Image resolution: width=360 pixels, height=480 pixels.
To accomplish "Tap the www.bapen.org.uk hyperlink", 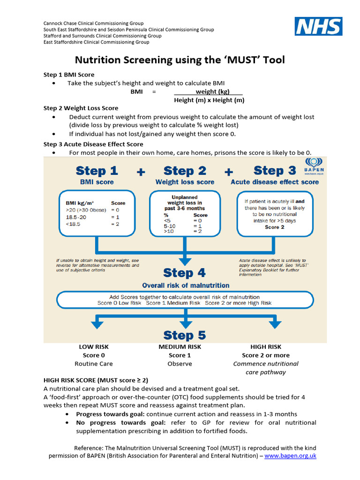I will pyautogui.click(x=291, y=455).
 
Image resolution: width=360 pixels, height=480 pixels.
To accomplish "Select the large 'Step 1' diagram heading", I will pyautogui.click(x=97, y=171).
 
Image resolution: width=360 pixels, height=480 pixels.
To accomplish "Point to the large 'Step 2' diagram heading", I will pyautogui.click(x=185, y=171).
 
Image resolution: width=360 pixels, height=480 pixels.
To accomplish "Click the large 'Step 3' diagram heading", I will pyautogui.click(x=275, y=171).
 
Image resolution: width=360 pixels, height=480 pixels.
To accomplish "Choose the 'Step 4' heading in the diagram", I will pyautogui.click(x=185, y=273).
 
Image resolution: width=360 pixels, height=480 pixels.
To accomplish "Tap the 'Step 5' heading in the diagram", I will pyautogui.click(x=185, y=335).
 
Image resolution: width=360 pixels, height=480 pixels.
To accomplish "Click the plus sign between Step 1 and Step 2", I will pyautogui.click(x=141, y=172).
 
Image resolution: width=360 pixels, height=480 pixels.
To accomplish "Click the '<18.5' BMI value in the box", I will pyautogui.click(x=74, y=225).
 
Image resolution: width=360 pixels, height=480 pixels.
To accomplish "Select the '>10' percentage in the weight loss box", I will pyautogui.click(x=168, y=231).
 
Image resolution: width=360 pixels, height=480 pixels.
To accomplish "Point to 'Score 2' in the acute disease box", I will pyautogui.click(x=274, y=227).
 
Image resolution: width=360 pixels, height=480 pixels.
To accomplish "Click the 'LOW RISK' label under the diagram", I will pyautogui.click(x=94, y=347).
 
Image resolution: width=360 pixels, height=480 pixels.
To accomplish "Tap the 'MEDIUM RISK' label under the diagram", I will pyautogui.click(x=180, y=347).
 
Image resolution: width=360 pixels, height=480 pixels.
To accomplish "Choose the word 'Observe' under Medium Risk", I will pyautogui.click(x=180, y=364).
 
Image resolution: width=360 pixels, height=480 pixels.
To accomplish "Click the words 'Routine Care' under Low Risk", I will pyautogui.click(x=94, y=364).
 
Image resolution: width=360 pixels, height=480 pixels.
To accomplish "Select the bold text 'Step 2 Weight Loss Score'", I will pyautogui.click(x=81, y=108).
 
